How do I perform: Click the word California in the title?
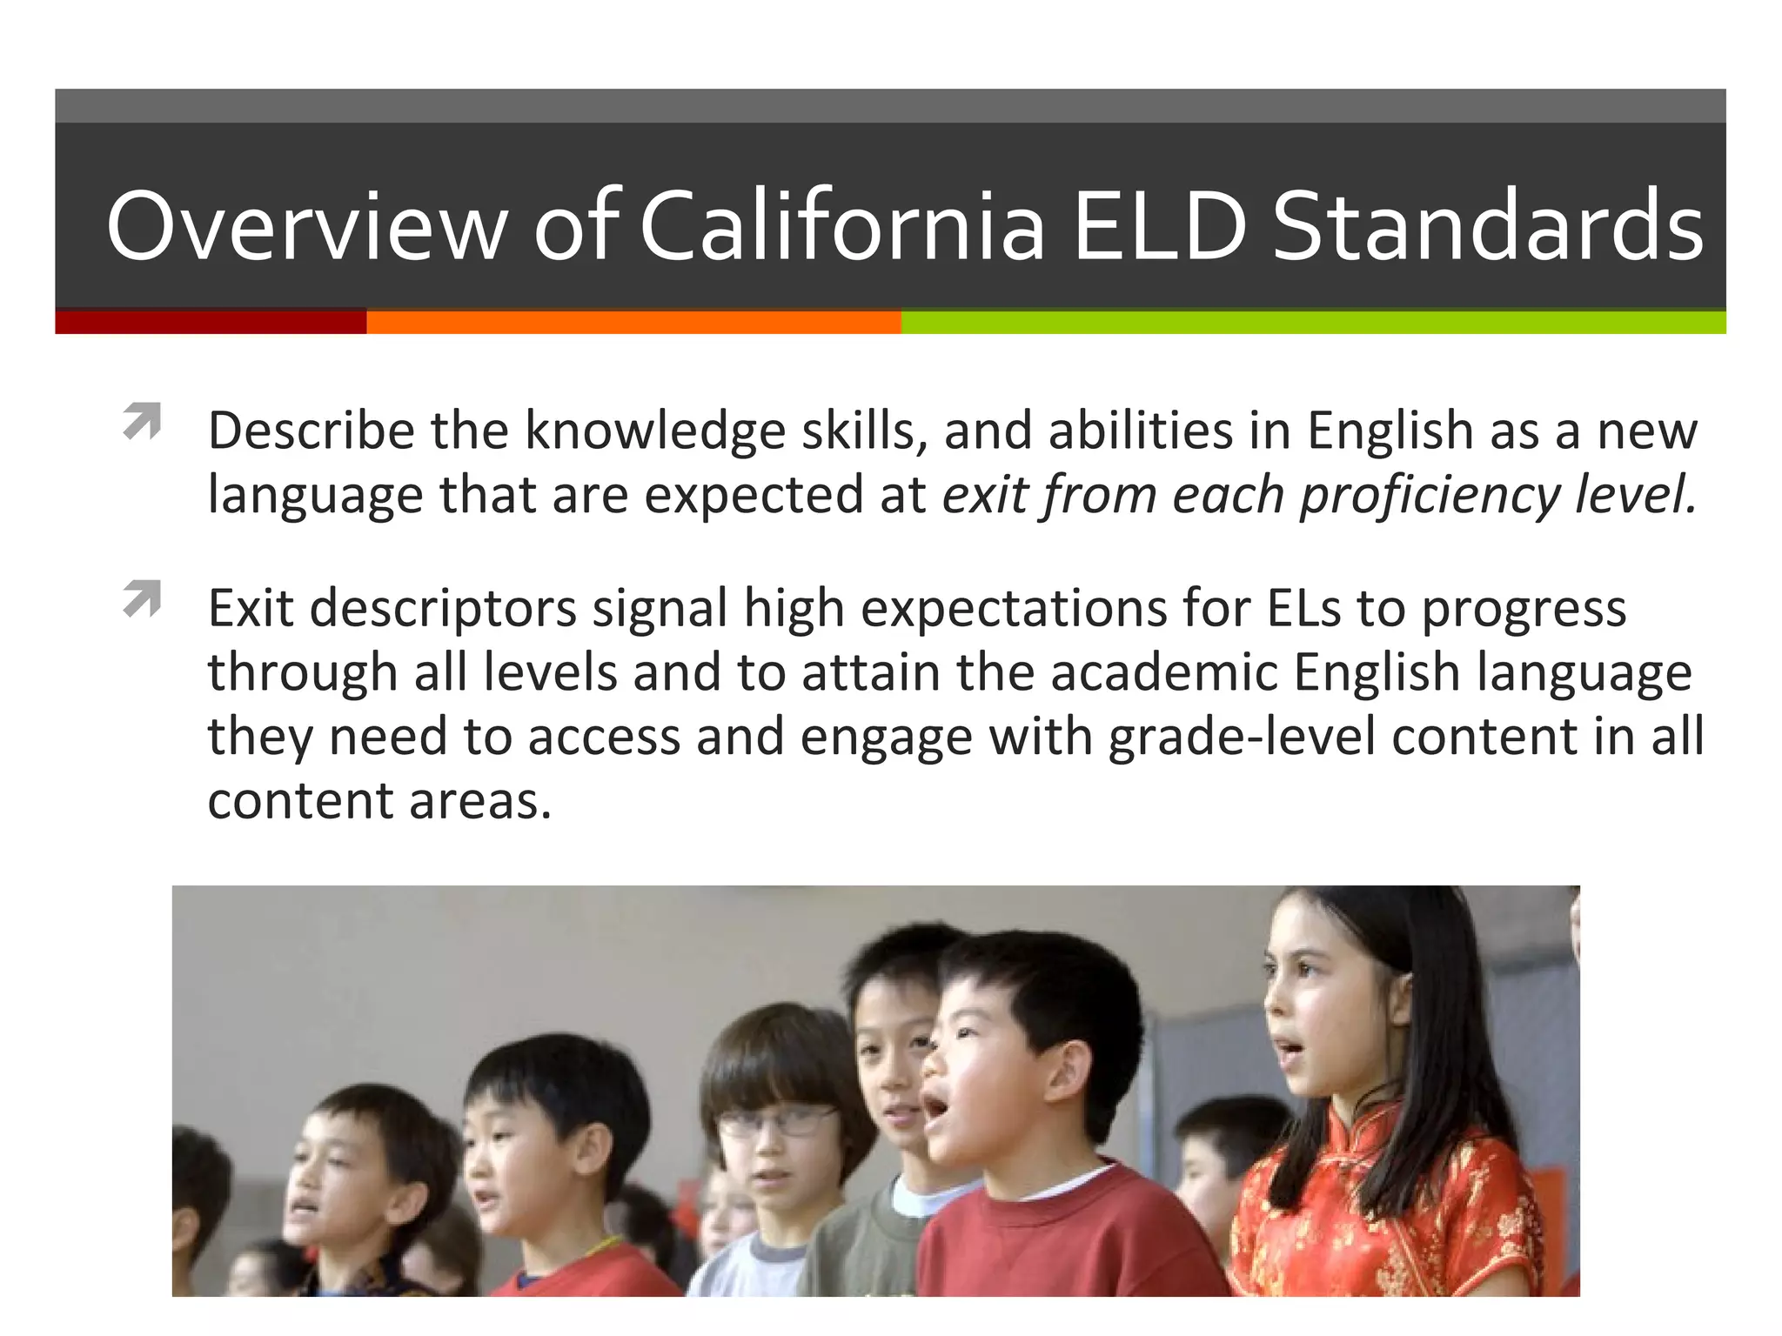click(841, 226)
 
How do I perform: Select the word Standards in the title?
click(1488, 226)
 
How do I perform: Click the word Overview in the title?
click(306, 226)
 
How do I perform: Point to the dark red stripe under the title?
click(211, 322)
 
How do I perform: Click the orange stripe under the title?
click(633, 322)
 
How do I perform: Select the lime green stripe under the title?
click(1314, 322)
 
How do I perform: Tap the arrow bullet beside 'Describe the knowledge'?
click(142, 421)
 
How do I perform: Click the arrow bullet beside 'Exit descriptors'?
click(142, 598)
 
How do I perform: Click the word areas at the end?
click(479, 801)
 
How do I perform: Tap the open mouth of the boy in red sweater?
click(935, 1107)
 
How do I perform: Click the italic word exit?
click(984, 495)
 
